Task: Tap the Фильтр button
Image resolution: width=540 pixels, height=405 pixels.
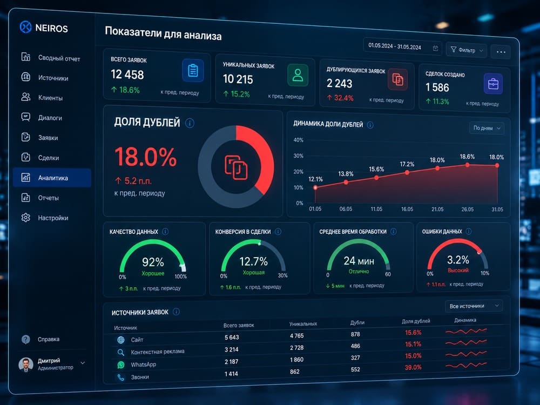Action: [467, 50]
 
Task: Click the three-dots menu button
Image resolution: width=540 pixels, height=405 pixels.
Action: [501, 52]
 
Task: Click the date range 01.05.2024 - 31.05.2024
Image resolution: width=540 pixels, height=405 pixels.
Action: [395, 46]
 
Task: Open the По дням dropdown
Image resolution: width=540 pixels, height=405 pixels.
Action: [487, 128]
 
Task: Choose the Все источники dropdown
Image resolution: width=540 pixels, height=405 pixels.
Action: [474, 306]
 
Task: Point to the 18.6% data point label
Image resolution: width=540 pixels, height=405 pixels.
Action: [467, 157]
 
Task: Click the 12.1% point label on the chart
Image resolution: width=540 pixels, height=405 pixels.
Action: [315, 179]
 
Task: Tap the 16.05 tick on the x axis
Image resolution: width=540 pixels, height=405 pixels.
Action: [407, 209]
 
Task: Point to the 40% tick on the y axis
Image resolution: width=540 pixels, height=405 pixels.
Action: [298, 140]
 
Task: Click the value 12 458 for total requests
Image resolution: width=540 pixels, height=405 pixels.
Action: [127, 75]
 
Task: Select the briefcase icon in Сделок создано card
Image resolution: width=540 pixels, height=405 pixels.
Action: [493, 84]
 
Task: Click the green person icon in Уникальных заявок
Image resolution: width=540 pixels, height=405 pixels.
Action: [298, 75]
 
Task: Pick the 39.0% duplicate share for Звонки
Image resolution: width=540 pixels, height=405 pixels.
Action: [413, 367]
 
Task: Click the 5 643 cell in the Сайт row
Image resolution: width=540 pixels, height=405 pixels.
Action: [232, 337]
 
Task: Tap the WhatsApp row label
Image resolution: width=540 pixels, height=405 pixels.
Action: [143, 364]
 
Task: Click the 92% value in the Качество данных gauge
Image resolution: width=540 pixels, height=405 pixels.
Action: [153, 262]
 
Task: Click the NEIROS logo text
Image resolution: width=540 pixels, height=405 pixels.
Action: [52, 28]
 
